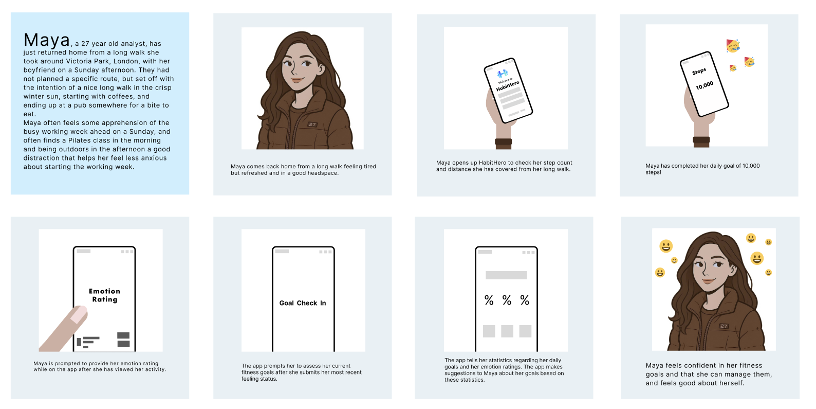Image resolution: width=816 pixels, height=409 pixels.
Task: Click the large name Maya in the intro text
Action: (x=47, y=40)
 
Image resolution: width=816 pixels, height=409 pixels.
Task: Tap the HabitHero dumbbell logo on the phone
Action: (x=503, y=74)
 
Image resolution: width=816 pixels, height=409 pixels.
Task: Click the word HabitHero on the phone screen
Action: (x=508, y=86)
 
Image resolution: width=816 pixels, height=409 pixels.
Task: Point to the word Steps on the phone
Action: (x=699, y=72)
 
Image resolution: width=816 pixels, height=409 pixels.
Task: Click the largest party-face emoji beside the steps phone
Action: (x=733, y=46)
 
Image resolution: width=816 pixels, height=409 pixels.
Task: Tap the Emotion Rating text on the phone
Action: (x=104, y=295)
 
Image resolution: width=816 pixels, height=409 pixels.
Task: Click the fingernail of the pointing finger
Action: (x=79, y=314)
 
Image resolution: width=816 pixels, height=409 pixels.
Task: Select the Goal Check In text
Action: (x=302, y=303)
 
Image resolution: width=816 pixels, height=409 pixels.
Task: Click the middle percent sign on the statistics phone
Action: (x=507, y=300)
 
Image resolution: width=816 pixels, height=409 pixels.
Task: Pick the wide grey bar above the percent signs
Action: (x=506, y=275)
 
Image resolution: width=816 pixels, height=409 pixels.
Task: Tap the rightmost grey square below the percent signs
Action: (x=525, y=331)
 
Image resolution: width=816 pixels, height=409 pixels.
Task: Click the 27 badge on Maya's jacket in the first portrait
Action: (x=312, y=125)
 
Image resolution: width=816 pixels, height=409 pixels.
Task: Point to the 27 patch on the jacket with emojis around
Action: (x=724, y=326)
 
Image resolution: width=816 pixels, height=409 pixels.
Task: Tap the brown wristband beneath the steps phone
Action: (x=701, y=142)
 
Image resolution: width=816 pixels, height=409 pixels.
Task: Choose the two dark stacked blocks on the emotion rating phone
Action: (x=123, y=340)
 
